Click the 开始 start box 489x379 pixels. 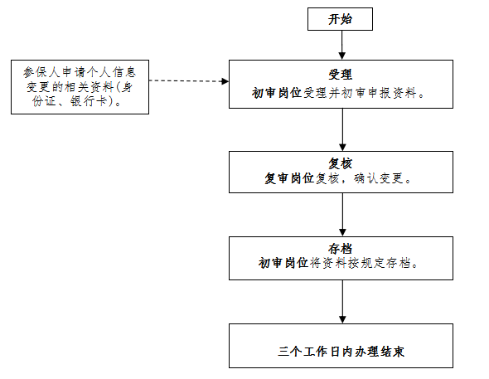(340, 19)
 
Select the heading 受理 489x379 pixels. (341, 75)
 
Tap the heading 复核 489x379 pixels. (341, 163)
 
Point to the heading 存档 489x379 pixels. (341, 249)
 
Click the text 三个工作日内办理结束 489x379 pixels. (341, 352)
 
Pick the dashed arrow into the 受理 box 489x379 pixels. (189, 81)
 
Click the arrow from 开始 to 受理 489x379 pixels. (342, 45)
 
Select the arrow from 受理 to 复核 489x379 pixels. (342, 129)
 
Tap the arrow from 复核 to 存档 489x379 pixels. (342, 215)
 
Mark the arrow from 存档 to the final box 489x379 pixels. (342, 302)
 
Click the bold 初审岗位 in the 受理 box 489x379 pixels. (277, 93)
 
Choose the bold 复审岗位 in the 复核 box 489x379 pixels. (289, 178)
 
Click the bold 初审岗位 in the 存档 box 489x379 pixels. (283, 263)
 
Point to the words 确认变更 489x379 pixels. (379, 178)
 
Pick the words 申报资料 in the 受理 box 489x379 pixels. (392, 93)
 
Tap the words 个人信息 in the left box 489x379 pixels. (111, 72)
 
